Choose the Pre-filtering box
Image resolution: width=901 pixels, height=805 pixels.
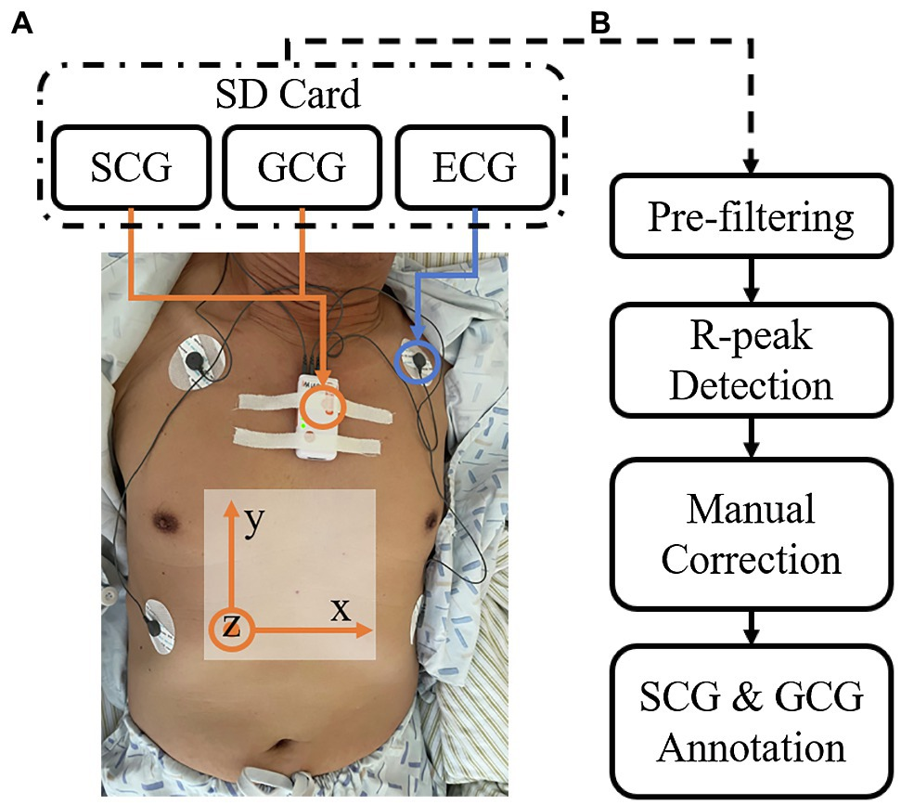750,216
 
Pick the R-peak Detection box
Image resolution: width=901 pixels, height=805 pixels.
750,360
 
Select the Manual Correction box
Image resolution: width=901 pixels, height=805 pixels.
750,535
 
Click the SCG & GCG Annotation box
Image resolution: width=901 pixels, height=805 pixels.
750,722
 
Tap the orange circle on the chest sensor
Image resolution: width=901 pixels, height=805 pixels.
323,407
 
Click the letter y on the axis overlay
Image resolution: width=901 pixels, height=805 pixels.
252,521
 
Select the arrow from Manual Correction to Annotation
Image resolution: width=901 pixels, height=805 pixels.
750,630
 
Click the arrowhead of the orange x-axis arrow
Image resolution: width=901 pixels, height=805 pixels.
366,630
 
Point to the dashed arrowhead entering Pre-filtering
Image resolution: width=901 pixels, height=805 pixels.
750,165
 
